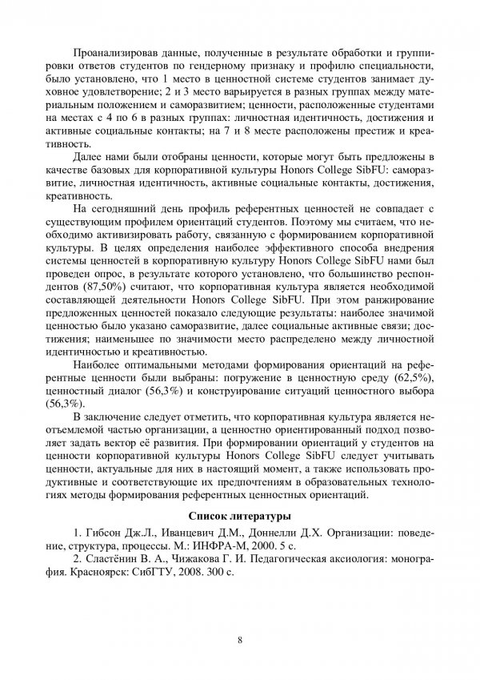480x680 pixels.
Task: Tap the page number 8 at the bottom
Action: point(239,638)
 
